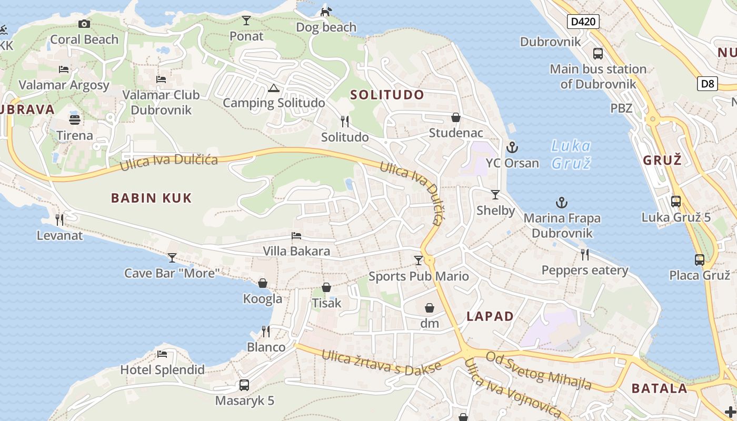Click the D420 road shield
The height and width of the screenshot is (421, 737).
click(583, 22)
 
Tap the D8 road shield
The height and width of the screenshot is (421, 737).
click(708, 83)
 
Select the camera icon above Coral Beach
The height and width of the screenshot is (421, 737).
click(84, 24)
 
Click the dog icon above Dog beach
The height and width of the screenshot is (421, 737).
click(326, 11)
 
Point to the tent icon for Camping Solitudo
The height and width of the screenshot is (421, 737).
click(273, 88)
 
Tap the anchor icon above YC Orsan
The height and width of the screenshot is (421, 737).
click(512, 147)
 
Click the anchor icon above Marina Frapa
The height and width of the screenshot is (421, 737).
click(562, 203)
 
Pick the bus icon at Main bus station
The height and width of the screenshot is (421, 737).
click(598, 53)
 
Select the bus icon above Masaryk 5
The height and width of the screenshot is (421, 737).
click(244, 385)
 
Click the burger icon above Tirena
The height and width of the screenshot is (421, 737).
click(75, 119)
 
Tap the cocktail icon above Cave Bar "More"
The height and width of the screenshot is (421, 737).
click(172, 257)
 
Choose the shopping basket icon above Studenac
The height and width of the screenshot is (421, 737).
click(455, 117)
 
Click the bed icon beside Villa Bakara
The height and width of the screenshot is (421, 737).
click(296, 236)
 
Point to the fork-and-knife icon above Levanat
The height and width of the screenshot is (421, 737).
click(59, 219)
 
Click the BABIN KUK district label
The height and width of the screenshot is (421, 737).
click(151, 198)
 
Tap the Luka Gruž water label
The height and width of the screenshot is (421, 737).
click(571, 154)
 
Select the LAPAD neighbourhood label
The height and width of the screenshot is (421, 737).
click(490, 316)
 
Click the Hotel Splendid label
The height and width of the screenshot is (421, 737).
click(162, 370)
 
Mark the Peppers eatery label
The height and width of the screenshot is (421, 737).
click(585, 270)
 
